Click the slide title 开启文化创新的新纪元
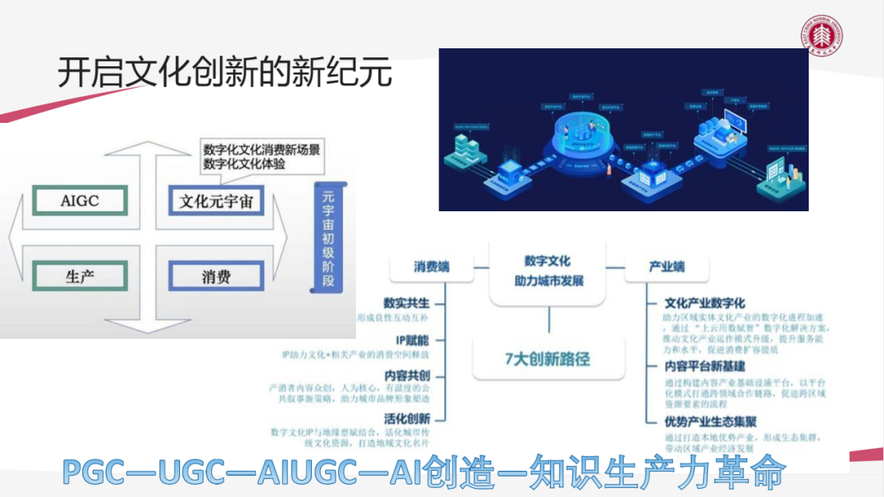click(x=224, y=73)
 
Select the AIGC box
click(x=79, y=201)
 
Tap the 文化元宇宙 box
click(x=216, y=201)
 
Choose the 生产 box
click(x=79, y=276)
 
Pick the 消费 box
click(x=216, y=276)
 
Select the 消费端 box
click(x=431, y=267)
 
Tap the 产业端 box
click(x=667, y=267)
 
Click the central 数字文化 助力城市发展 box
click(x=548, y=272)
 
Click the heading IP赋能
click(x=412, y=340)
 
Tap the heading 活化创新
click(x=406, y=418)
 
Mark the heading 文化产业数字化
click(x=705, y=303)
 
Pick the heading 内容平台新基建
click(x=705, y=366)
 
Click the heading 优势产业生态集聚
click(x=710, y=422)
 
